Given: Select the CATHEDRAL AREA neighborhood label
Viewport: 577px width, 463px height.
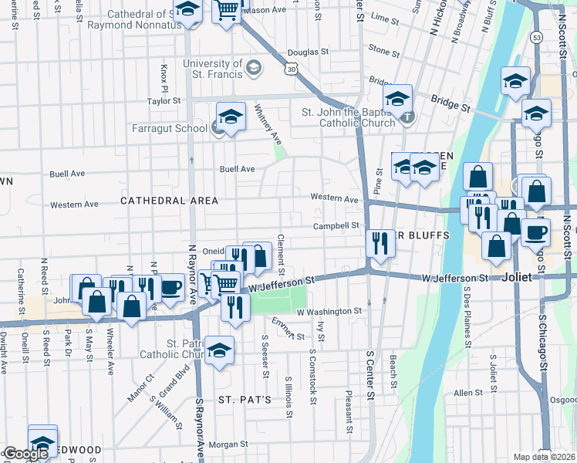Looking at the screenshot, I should [169, 201].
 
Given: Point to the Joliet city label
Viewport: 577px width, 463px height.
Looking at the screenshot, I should [516, 277].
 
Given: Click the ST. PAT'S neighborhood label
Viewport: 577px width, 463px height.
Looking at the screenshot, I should [245, 400].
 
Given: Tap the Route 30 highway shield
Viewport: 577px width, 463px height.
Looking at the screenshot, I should [290, 69].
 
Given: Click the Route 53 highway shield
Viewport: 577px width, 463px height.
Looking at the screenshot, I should [535, 36].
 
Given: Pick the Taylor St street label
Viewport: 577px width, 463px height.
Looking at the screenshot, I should [164, 100].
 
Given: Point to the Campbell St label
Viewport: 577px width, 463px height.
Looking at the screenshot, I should [336, 226].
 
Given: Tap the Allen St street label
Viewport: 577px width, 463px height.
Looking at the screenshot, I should [467, 393].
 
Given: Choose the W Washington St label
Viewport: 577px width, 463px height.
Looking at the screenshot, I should [329, 311].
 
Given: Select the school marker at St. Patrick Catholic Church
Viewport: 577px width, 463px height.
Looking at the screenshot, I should [219, 350].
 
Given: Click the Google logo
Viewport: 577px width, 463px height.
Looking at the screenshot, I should [25, 454].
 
